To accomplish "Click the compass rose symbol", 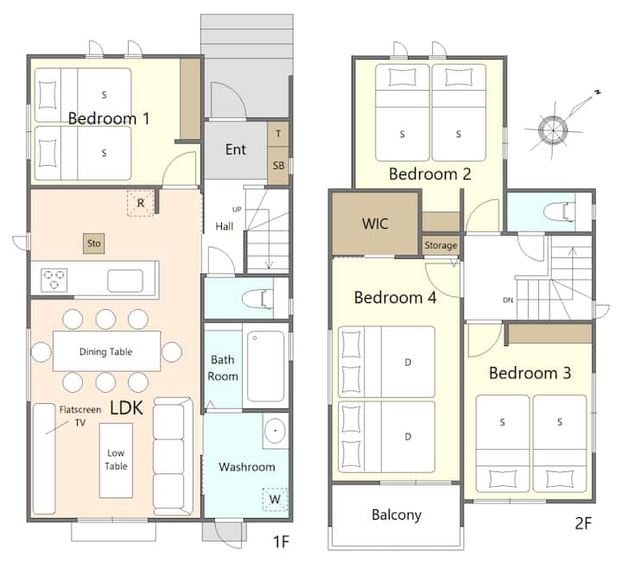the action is (x=553, y=129).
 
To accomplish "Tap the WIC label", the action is (x=375, y=224).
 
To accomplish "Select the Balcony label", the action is (x=397, y=515).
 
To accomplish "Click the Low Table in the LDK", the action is (x=116, y=460).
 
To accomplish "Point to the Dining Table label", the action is (x=105, y=351).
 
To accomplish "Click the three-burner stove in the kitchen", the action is (x=54, y=280).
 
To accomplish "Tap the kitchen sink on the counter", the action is (x=125, y=281).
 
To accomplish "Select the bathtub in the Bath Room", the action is (x=265, y=366).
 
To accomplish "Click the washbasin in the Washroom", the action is (x=276, y=431).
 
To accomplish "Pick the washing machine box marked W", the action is (x=275, y=499).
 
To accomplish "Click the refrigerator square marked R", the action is (x=141, y=204).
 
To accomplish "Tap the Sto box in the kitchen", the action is (x=93, y=243).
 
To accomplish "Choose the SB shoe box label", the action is (x=278, y=166).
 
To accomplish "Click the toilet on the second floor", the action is (x=559, y=212).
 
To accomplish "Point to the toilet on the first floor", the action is (x=257, y=299).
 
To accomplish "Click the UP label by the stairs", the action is (x=237, y=210).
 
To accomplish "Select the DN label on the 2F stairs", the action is (x=508, y=300).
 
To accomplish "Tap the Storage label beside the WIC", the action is (x=441, y=245).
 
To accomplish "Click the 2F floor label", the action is (x=583, y=523).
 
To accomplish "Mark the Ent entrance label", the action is (x=236, y=149).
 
